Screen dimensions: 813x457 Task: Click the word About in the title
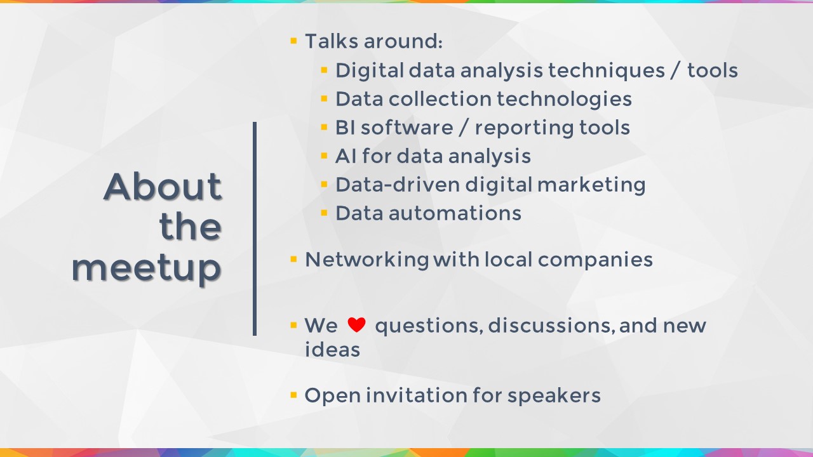[163, 187]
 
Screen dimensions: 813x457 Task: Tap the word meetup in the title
[146, 268]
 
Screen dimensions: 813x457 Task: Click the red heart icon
[356, 324]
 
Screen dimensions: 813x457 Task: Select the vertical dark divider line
[255, 228]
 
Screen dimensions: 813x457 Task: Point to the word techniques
[606, 70]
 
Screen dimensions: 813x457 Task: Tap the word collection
[440, 98]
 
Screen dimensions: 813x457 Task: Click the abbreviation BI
[345, 128]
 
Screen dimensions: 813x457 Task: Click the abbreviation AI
[346, 156]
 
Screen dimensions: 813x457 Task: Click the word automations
[455, 213]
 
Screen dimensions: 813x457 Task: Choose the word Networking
[367, 260]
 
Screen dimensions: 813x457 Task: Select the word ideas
[332, 349]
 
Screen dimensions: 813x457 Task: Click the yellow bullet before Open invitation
[293, 395]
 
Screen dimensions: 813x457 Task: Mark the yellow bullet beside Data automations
[324, 213]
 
